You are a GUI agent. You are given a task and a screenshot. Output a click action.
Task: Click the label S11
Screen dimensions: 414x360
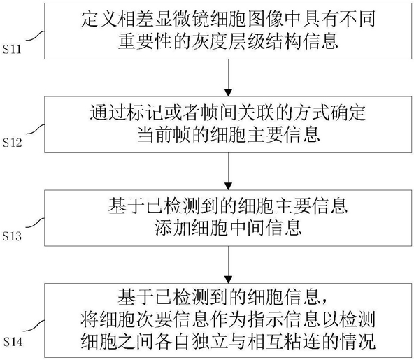coord(12,50)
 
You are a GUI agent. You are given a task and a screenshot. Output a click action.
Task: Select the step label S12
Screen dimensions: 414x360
coord(12,143)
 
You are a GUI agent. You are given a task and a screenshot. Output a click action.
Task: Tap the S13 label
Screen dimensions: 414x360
coord(12,236)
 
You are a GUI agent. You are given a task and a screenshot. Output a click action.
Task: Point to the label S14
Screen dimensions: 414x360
coord(13,343)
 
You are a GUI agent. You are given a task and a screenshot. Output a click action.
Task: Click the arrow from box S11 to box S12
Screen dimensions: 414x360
coord(229,78)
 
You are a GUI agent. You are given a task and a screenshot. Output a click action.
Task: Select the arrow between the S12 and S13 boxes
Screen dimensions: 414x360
coord(229,171)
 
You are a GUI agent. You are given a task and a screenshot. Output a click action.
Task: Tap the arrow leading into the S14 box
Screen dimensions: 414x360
coord(229,265)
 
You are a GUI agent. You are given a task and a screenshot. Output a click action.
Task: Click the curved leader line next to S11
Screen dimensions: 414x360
coord(35,36)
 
